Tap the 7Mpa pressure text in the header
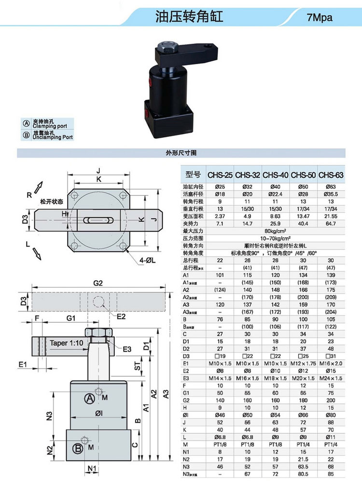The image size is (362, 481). click(x=320, y=18)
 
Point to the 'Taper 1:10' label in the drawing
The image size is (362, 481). click(x=67, y=343)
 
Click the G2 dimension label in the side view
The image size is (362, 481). click(x=98, y=284)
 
